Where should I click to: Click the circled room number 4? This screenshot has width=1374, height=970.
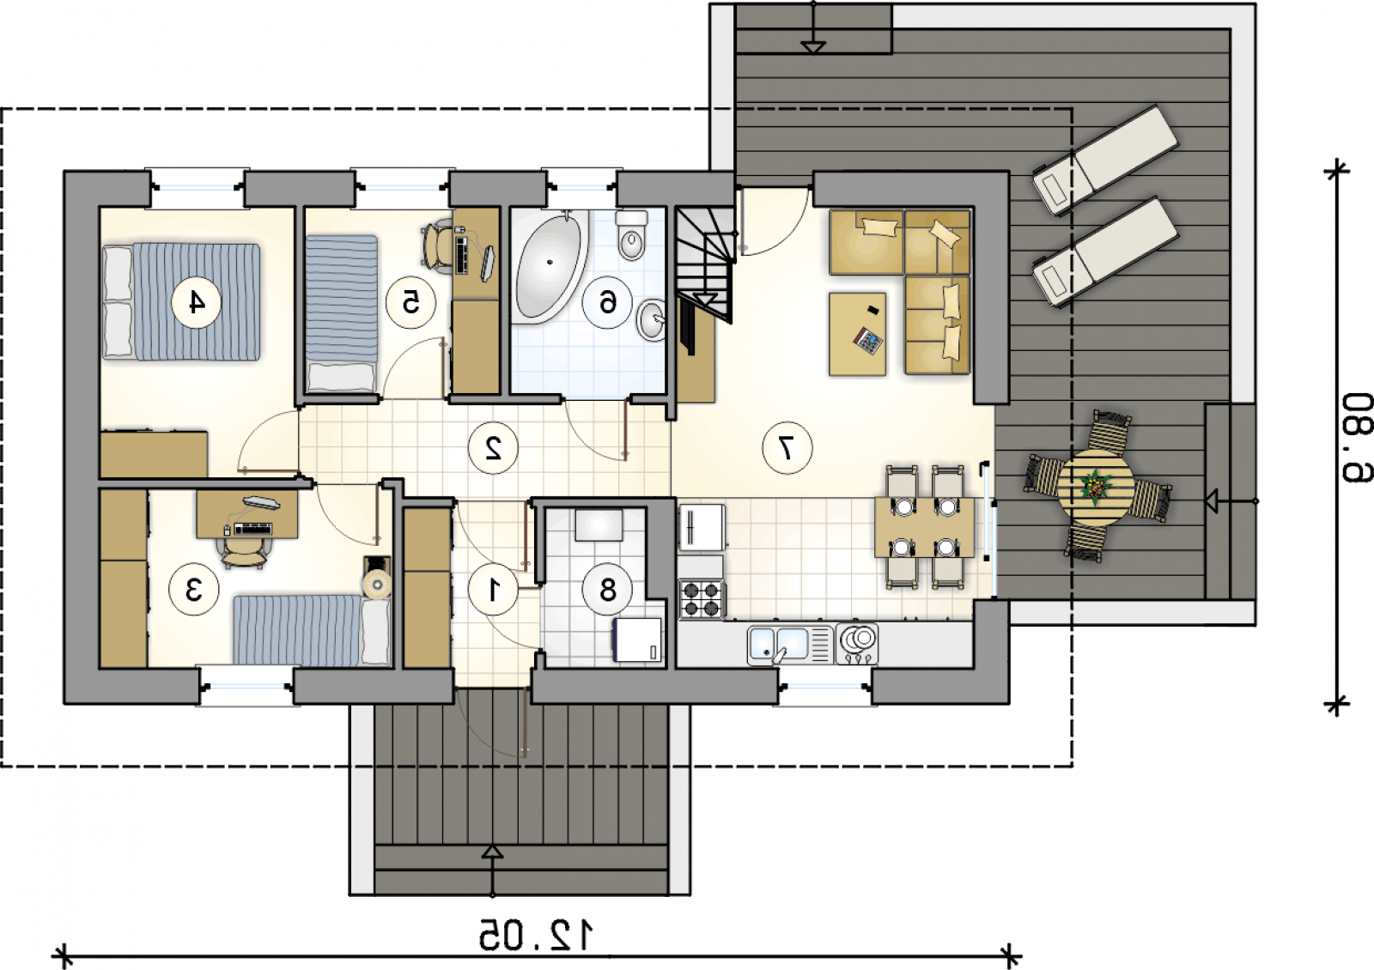pos(196,301)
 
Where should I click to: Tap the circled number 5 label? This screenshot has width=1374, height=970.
pos(410,301)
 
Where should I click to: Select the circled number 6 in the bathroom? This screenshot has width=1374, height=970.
pos(606,301)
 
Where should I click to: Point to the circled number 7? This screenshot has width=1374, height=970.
pos(787,448)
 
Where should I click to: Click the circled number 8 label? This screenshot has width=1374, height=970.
pos(607,589)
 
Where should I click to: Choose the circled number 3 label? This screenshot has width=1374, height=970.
pos(194,589)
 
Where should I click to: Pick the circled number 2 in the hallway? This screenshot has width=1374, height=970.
pos(493,448)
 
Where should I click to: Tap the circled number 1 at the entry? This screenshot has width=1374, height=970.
pos(493,589)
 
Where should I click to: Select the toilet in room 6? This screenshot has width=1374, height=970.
pos(632,236)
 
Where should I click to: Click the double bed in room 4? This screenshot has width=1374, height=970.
pos(181,301)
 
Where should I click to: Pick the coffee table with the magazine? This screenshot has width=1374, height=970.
pos(857,334)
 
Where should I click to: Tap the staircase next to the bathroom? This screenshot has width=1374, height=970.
pos(705,265)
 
